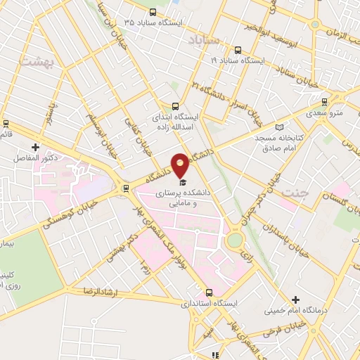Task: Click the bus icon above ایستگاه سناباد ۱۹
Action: pos(237,50)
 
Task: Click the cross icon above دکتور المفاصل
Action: pos(35,148)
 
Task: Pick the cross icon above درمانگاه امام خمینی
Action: pos(295,300)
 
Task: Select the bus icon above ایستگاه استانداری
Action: pos(208,292)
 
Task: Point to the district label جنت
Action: pos(291,192)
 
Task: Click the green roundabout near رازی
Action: pos(234,240)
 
